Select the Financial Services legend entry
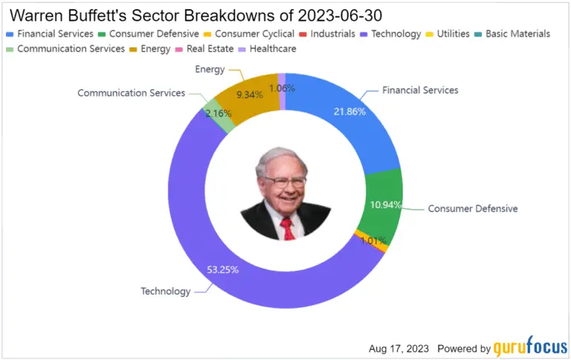coord(51,34)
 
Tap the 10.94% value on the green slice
coord(384,203)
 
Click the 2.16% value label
coord(218,114)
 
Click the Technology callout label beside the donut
coord(166,291)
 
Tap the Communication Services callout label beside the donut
coord(132,93)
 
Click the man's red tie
coord(287,228)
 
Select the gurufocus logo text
coord(529,347)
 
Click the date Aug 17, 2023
coord(399,348)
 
